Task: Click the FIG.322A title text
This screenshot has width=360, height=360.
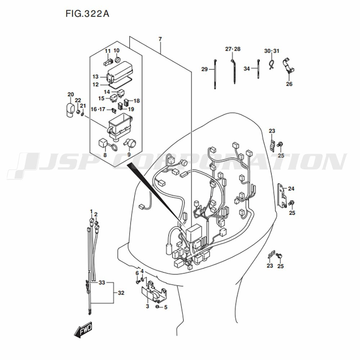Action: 87,14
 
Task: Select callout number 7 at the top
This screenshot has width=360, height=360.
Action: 160,39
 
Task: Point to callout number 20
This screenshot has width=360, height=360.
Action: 71,94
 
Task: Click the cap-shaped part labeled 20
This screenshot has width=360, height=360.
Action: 68,111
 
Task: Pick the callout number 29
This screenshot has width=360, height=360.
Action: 204,69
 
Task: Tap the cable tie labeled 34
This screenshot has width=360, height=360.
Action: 258,69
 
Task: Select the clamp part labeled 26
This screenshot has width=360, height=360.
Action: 288,66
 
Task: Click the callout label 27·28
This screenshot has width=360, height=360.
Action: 233,49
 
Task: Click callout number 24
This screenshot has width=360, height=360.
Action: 291,189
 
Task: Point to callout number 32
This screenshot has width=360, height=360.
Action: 121,293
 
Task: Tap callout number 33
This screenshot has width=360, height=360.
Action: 102,283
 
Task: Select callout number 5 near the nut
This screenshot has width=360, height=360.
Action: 166,307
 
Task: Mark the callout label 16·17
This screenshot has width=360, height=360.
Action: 98,109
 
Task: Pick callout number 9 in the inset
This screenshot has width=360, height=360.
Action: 129,155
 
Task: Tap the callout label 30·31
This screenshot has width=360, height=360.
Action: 271,51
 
